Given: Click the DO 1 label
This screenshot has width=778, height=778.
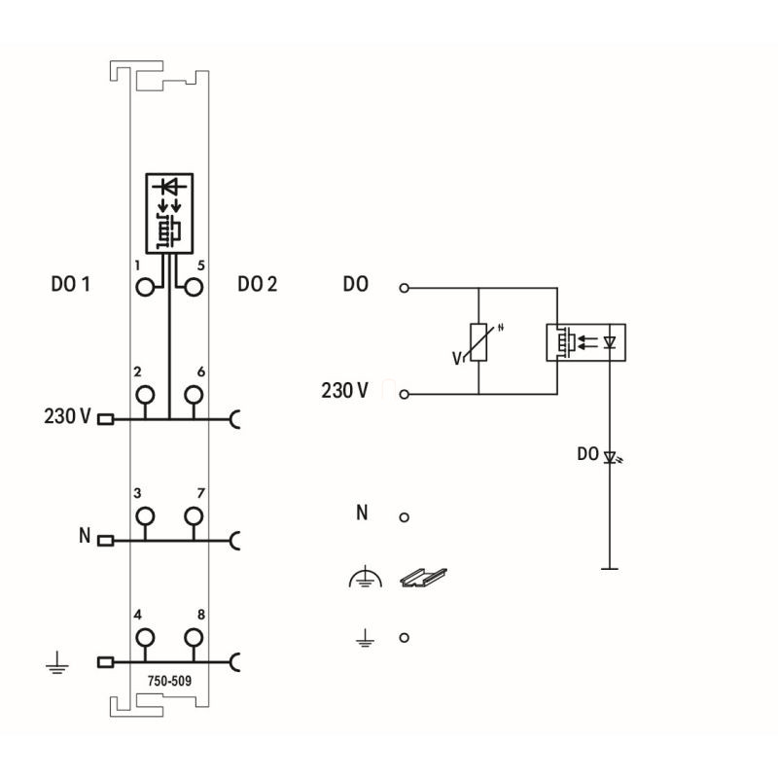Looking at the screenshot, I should pos(70,285).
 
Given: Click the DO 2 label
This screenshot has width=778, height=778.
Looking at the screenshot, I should pos(257,285).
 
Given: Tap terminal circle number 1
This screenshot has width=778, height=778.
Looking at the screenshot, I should pos(146,287).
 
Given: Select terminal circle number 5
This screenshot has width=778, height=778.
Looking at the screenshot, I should pos(193,287).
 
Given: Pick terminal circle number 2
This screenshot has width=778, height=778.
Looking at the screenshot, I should pos(146,394).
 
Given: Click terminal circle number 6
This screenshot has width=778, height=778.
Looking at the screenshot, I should pos(193,394).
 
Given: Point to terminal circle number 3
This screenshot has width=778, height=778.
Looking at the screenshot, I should pos(146,515).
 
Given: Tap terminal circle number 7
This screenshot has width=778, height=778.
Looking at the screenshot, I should pos(193,515).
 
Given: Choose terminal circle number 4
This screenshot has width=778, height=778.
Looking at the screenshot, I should pos(146,637).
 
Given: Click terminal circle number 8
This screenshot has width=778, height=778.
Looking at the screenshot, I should pos(193,637).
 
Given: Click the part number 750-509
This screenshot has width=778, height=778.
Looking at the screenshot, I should pos(169,681).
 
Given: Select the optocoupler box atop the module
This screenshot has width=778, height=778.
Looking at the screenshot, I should pos(169,211).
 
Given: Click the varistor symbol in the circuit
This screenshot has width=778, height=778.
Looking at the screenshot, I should pos(477,341).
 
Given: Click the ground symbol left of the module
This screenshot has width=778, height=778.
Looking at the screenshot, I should pos(56,667).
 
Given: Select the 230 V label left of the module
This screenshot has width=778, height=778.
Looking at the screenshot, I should pos(67,417).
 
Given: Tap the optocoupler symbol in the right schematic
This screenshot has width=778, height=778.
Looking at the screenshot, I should pos(585,341).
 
